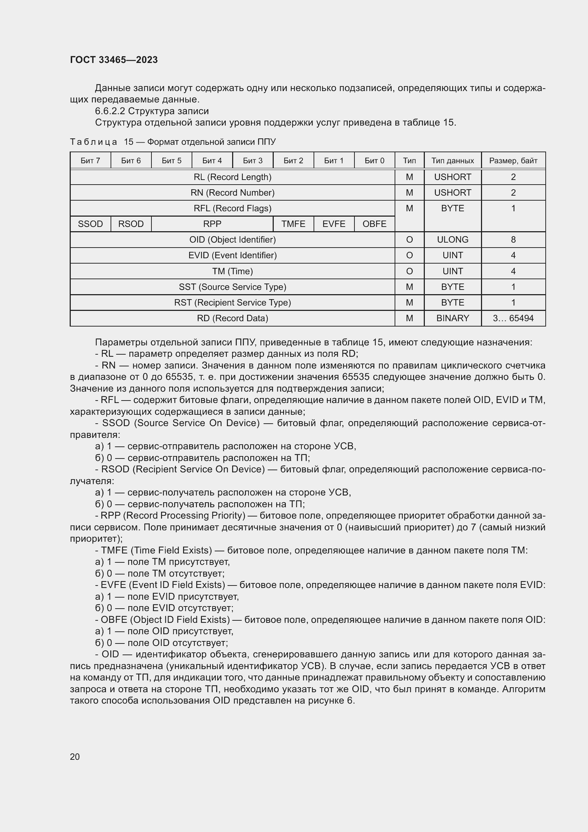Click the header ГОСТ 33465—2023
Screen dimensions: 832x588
pyautogui.click(x=114, y=60)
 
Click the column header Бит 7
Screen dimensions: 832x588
pyautogui.click(x=90, y=160)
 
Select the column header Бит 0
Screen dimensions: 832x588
pyautogui.click(x=374, y=160)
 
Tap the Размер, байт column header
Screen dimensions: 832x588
pyautogui.click(x=513, y=160)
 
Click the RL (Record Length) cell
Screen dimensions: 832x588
pyautogui.click(x=232, y=177)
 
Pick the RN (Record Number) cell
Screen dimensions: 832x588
pyautogui.click(x=232, y=192)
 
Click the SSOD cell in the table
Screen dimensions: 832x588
pyautogui.click(x=90, y=224)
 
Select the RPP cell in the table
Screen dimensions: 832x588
pyautogui.click(x=212, y=224)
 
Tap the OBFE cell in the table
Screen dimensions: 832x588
pyautogui.click(x=374, y=224)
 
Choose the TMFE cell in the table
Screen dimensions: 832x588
pyautogui.click(x=293, y=224)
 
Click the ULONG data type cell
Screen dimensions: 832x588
pyautogui.click(x=453, y=239)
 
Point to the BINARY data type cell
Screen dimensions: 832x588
pyautogui.click(x=453, y=318)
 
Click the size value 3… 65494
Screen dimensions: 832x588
pyautogui.click(x=513, y=318)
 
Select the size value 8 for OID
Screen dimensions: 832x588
pyautogui.click(x=513, y=239)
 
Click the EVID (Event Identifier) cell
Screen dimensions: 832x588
pyautogui.click(x=232, y=255)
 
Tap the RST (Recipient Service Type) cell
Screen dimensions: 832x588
pyautogui.click(x=232, y=302)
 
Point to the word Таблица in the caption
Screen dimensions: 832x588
pyautogui.click(x=93, y=142)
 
